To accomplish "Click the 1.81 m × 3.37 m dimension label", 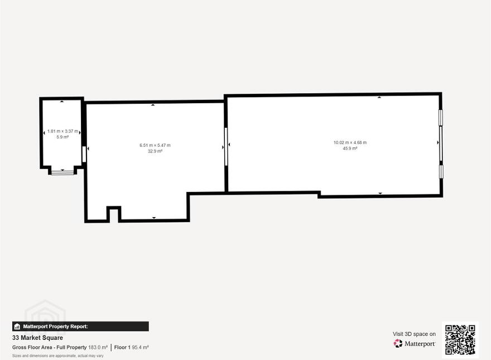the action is [62, 131].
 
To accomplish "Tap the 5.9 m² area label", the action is [62, 137].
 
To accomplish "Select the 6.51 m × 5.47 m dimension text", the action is [155, 145].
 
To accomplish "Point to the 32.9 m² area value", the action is [155, 151].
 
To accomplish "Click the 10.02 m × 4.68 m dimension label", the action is [350, 142].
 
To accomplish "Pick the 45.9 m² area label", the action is [350, 148].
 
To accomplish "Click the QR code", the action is [460, 340].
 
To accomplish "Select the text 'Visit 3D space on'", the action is [414, 334].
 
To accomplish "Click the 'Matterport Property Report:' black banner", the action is [80, 327].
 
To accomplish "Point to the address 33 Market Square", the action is [37, 338].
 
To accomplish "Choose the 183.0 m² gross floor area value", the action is [98, 347].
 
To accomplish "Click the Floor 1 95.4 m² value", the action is [132, 347].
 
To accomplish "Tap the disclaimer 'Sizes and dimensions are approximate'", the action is [58, 356].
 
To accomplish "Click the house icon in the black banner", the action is [17, 327].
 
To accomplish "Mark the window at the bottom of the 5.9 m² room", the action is [62, 172].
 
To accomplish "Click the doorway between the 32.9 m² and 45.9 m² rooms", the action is [226, 146].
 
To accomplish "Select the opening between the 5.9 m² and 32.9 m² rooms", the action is [84, 154].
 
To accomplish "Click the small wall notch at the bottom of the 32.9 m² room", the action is [114, 213].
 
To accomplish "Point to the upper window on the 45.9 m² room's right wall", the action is [441, 118].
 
